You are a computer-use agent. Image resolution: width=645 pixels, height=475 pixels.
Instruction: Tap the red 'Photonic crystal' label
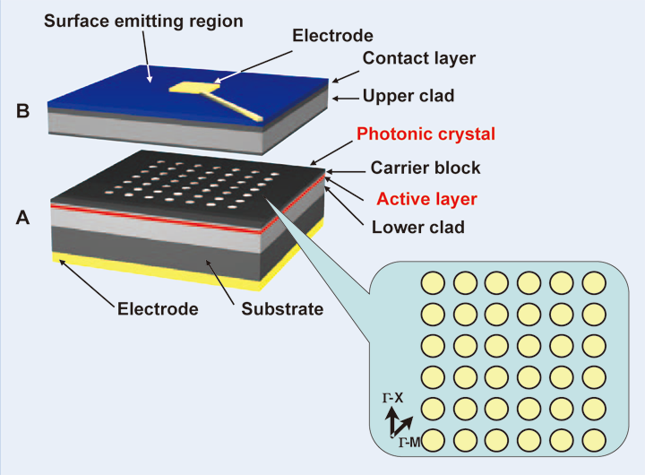pos(426,134)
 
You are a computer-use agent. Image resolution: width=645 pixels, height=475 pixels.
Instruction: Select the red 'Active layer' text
pos(426,198)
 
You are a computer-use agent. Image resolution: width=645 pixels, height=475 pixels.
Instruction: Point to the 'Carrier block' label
pos(426,168)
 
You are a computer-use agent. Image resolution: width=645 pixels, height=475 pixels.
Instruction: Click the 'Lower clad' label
pos(418,228)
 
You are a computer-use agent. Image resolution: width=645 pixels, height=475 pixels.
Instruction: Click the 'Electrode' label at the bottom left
pos(158,309)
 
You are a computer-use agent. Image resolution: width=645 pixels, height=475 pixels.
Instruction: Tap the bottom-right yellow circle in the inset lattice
pos(594,440)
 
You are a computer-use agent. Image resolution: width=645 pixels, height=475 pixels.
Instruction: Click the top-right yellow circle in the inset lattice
pos(594,282)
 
